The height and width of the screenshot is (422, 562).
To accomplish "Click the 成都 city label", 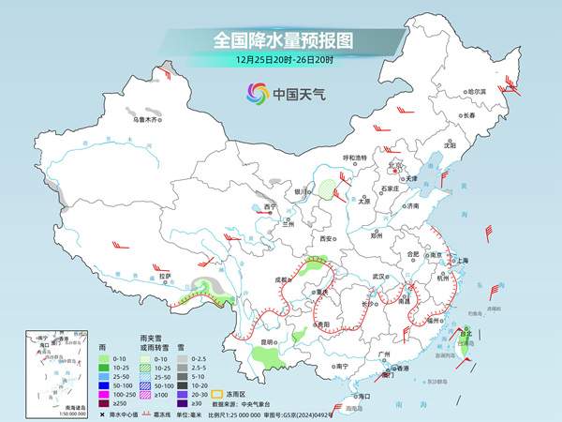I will pyautogui.click(x=281, y=279).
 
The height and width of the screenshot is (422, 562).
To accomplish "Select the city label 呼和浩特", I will pyautogui.click(x=354, y=158).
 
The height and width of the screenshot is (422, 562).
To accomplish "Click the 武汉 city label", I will pyautogui.click(x=378, y=277).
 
